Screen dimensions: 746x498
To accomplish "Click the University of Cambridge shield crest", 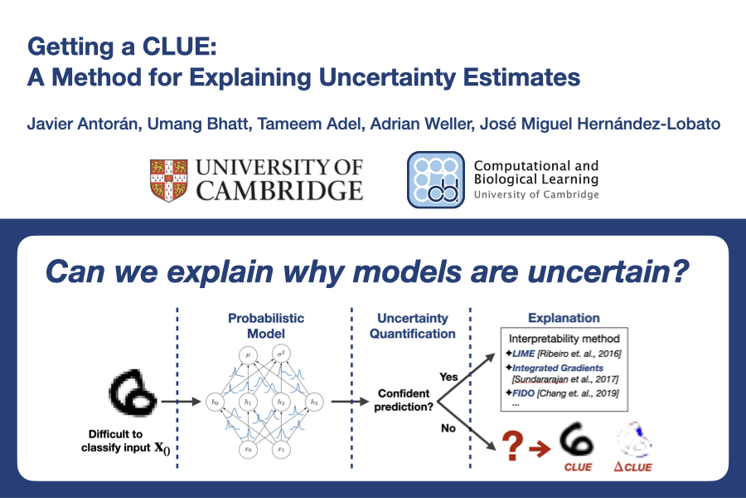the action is [x=168, y=180].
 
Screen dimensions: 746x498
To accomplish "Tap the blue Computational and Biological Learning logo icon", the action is [x=436, y=179].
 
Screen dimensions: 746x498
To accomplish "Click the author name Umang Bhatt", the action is [x=198, y=124].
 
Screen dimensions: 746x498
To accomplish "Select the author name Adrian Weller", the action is [x=422, y=124].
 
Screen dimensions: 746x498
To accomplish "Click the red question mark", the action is [x=512, y=446].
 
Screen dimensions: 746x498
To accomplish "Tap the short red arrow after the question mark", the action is [x=540, y=448].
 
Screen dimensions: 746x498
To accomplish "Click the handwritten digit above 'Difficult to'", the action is [x=133, y=393].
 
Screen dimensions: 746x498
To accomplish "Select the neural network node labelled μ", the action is [x=248, y=355].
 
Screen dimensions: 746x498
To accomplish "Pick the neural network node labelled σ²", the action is [x=281, y=354].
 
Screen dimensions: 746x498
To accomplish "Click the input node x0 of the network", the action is [x=248, y=449].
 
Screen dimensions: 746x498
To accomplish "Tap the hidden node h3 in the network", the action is [x=314, y=403].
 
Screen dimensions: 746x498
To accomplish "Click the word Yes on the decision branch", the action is [x=448, y=377].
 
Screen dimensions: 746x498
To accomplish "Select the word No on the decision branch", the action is [x=448, y=428].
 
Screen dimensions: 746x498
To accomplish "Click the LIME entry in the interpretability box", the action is [x=523, y=354].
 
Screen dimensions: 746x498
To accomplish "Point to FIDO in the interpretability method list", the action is [x=523, y=393].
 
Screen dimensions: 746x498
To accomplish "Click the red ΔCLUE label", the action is [x=632, y=467].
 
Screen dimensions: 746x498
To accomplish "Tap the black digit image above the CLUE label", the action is [x=577, y=439].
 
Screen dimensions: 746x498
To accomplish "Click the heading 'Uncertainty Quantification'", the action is [x=413, y=326].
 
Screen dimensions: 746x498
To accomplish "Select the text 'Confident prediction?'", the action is [x=404, y=400].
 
